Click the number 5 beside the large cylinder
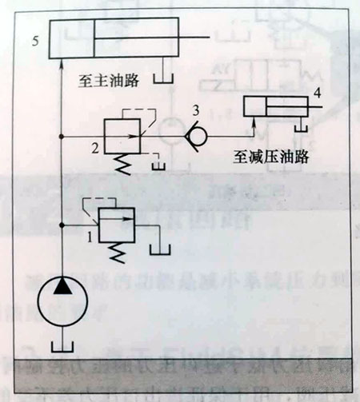(35, 42)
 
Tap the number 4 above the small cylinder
(317, 94)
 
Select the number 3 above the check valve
(196, 110)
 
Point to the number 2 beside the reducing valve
(95, 149)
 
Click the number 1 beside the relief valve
(90, 237)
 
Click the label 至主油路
(109, 81)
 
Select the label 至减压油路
(271, 157)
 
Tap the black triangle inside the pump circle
(62, 286)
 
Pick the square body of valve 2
(122, 136)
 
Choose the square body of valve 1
(117, 225)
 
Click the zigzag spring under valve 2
(122, 164)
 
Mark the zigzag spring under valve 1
(117, 253)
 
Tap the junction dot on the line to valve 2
(62, 137)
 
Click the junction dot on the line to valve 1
(62, 225)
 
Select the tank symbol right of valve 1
(160, 250)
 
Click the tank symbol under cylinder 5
(163, 79)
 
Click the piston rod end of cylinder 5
(210, 38)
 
